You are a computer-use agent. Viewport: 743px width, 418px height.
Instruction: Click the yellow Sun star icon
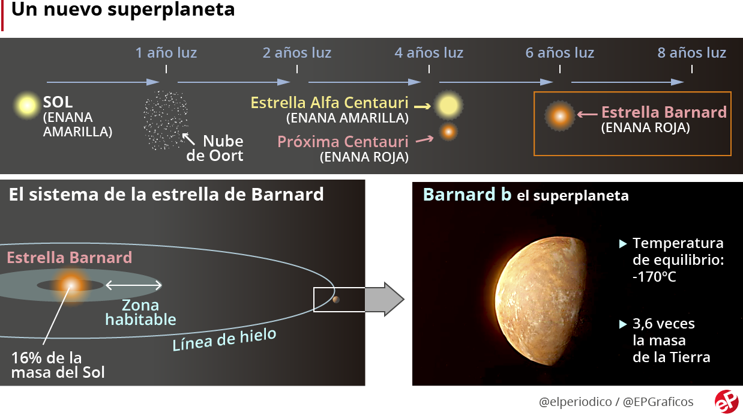[x=27, y=106]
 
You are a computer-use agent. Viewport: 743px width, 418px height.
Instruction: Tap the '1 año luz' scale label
[x=166, y=53]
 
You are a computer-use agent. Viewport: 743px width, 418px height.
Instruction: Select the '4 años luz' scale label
[x=429, y=53]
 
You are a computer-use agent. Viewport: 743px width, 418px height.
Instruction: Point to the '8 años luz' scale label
[x=691, y=53]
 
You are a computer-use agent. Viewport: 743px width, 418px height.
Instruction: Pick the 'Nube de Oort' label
[x=215, y=148]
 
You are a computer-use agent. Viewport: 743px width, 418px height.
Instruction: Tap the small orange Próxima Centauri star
[x=448, y=132]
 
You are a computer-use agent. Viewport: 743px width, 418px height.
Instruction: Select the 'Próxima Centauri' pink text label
[x=343, y=142]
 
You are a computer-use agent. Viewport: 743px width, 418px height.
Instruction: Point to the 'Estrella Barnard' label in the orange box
[x=664, y=112]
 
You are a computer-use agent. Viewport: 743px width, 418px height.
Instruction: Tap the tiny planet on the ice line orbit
[x=335, y=300]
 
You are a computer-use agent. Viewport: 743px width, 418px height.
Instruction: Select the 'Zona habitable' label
[x=141, y=312]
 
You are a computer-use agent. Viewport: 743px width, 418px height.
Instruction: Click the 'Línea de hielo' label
[x=224, y=339]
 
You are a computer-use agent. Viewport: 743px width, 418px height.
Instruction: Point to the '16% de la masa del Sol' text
[x=58, y=365]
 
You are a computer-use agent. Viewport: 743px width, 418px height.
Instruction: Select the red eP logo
[x=726, y=402]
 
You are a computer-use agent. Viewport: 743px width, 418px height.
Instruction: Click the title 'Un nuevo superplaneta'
[x=123, y=10]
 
